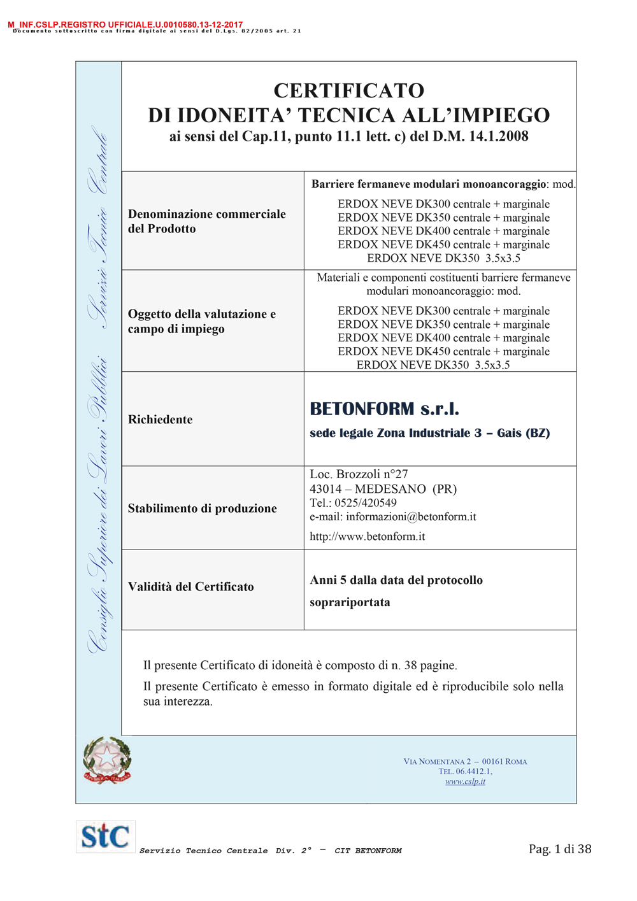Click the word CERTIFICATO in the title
click(349, 90)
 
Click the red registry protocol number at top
click(125, 25)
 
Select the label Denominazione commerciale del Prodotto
click(206, 221)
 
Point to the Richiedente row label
click(160, 420)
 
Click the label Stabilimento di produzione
click(202, 508)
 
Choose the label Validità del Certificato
click(190, 586)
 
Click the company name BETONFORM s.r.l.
click(384, 409)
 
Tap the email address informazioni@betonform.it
click(411, 517)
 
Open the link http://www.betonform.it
click(367, 537)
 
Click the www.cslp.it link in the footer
click(465, 782)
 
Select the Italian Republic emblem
click(107, 760)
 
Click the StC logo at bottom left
click(105, 836)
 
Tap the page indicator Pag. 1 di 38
click(560, 849)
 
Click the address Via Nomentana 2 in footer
click(437, 762)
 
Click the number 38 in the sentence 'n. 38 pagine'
click(410, 665)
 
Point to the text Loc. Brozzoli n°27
click(359, 474)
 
